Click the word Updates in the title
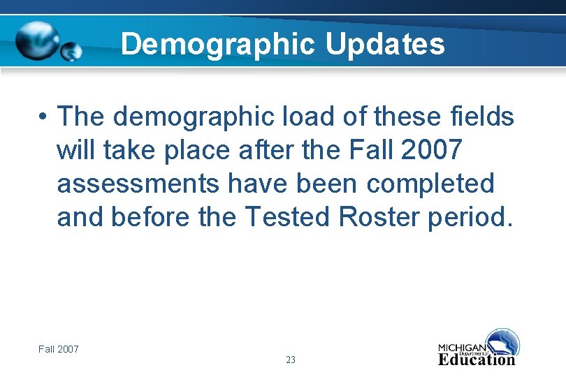point(385,45)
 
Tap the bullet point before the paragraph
point(43,116)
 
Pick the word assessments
point(136,184)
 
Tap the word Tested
point(288,218)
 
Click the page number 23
point(291,360)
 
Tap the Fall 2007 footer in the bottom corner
point(59,348)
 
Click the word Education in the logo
point(477,360)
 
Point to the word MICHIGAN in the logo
point(462,348)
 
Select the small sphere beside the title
point(72,51)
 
